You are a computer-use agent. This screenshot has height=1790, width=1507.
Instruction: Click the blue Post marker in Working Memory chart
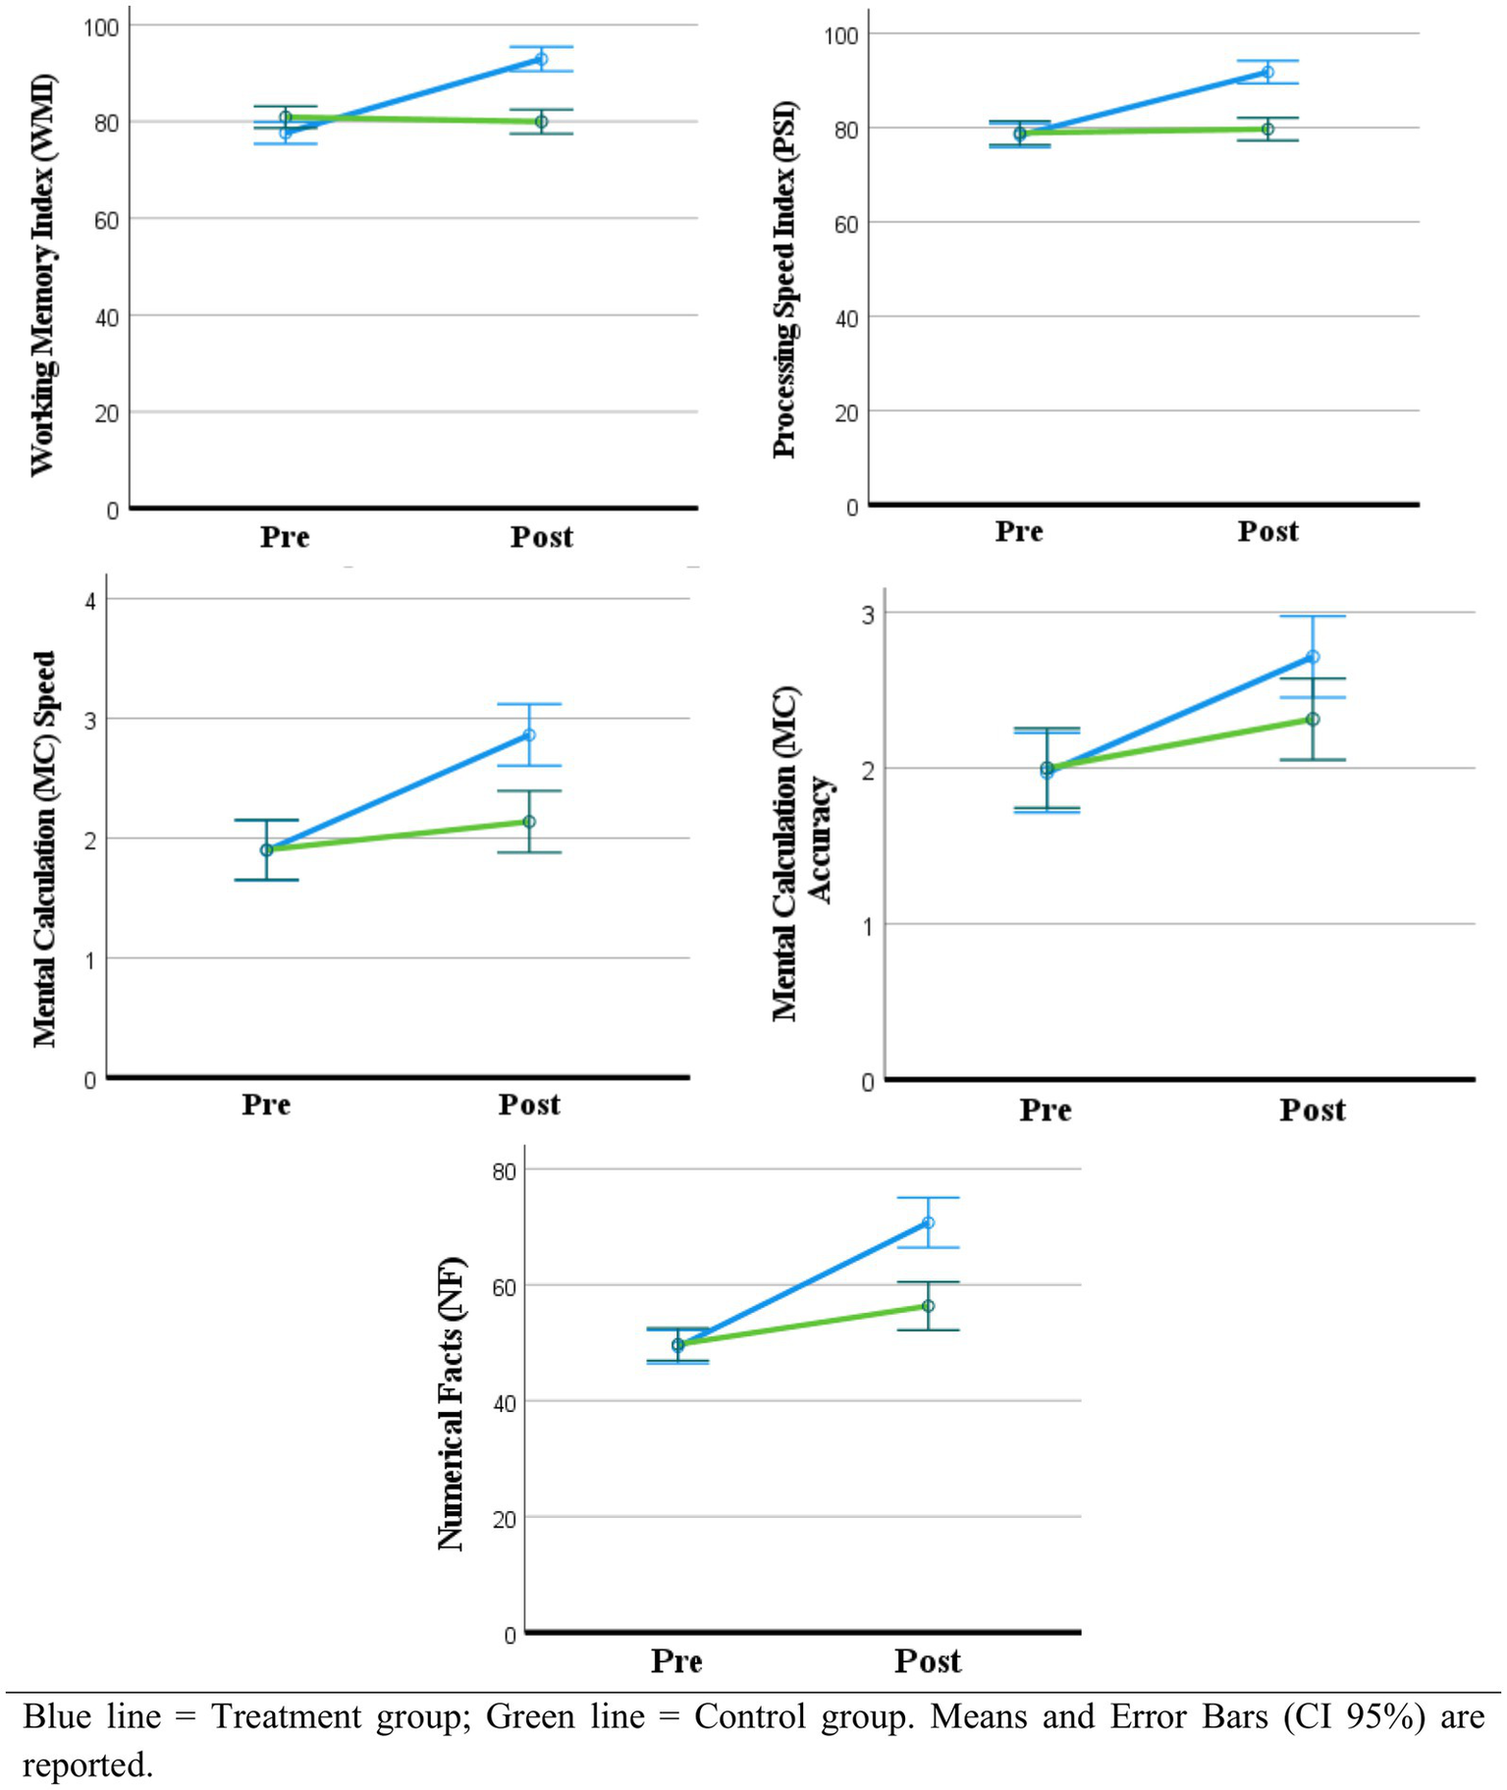pyautogui.click(x=541, y=59)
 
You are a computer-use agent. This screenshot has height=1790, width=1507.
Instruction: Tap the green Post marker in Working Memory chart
pyautogui.click(x=541, y=122)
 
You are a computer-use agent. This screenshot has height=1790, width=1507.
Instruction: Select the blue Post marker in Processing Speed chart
pyautogui.click(x=1267, y=72)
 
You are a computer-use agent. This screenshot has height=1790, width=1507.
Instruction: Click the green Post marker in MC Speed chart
pyautogui.click(x=529, y=821)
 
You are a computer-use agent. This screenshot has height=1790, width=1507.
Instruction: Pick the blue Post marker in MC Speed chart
pyautogui.click(x=529, y=734)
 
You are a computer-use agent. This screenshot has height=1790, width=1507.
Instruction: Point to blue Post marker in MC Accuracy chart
pyautogui.click(x=1313, y=656)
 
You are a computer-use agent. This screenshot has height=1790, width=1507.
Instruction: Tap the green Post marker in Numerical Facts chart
pyautogui.click(x=928, y=1306)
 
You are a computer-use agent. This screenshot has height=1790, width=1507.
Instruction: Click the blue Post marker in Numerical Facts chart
pyautogui.click(x=928, y=1222)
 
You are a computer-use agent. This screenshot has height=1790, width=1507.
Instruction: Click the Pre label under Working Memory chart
pyautogui.click(x=285, y=537)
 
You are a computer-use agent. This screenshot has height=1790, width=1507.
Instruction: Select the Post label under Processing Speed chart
pyautogui.click(x=1267, y=531)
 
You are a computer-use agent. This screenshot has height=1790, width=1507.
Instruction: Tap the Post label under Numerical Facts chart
pyautogui.click(x=927, y=1661)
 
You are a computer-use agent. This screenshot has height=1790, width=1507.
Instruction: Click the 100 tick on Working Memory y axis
pyautogui.click(x=100, y=27)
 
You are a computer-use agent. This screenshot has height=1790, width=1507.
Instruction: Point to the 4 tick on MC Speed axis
pyautogui.click(x=91, y=601)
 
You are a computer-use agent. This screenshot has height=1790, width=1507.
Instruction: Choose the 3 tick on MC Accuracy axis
pyautogui.click(x=868, y=615)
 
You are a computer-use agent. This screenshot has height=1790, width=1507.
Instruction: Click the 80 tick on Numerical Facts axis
pyautogui.click(x=504, y=1171)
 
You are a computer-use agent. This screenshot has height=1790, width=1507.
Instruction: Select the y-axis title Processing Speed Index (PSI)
pyautogui.click(x=784, y=280)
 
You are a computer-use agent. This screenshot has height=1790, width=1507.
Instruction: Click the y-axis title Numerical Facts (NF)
pyautogui.click(x=450, y=1403)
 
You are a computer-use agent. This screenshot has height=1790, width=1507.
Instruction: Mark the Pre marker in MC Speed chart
pyautogui.click(x=266, y=849)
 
